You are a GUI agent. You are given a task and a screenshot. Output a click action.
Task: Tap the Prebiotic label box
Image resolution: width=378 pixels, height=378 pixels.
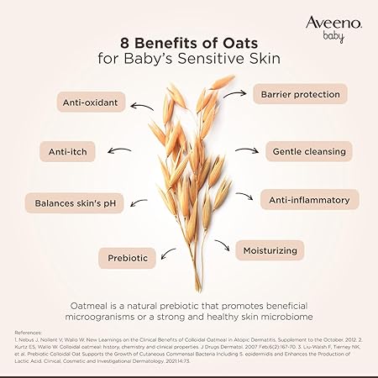click(128, 257)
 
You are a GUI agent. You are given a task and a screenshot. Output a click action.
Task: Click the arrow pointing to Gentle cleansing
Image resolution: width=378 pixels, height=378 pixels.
click(246, 151)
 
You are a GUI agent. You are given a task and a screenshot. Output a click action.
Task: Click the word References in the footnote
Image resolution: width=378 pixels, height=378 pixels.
click(29, 332)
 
